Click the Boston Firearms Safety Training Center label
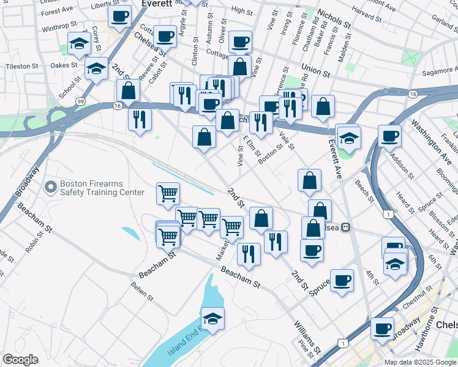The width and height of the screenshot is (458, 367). click(102, 188)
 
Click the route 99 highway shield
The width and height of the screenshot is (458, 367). click(80, 100)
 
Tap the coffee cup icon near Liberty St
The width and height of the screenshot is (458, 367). click(120, 16)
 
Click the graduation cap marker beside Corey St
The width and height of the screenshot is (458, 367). click(79, 44)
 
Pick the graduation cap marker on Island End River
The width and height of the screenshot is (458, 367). click(212, 319)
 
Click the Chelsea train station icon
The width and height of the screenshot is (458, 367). click(346, 227)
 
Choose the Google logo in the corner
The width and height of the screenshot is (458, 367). click(21, 360)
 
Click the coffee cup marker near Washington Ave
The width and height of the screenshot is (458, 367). click(389, 136)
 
